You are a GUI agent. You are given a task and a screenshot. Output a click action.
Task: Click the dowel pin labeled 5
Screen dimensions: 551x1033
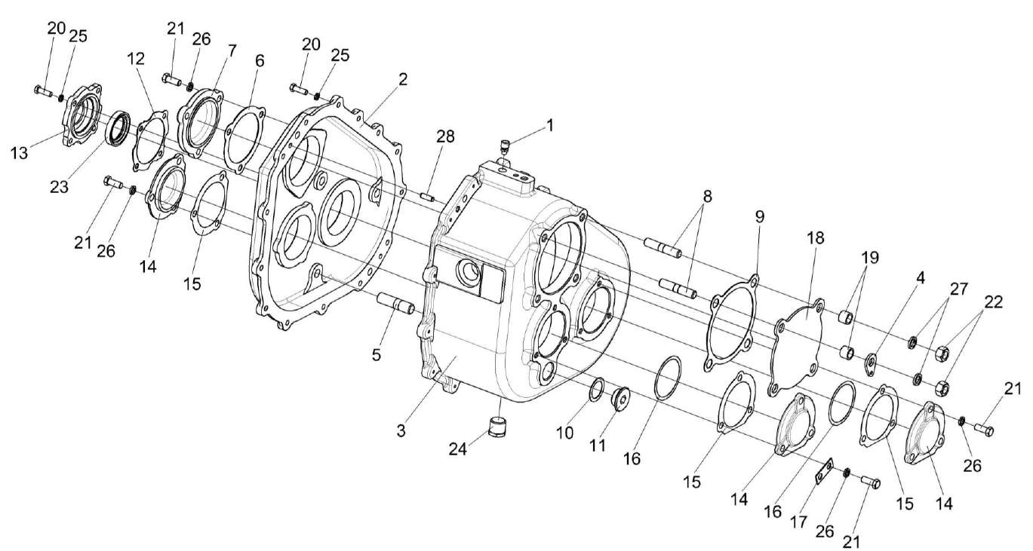point(395,304)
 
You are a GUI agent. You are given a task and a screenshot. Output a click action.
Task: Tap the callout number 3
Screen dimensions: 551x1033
point(402,431)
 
